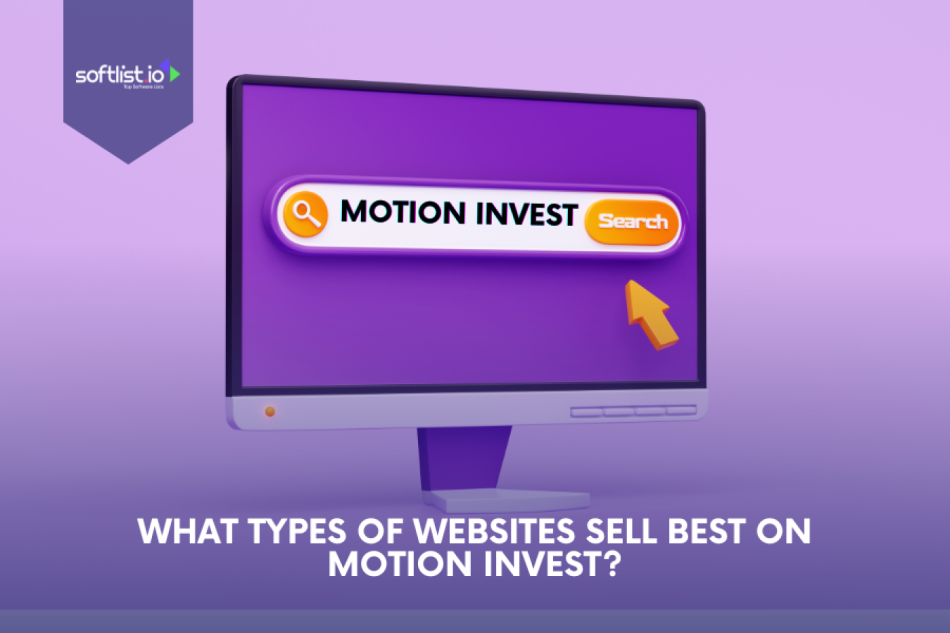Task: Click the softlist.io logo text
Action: (x=119, y=74)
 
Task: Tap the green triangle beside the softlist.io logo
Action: (x=174, y=73)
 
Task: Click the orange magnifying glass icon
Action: (x=306, y=214)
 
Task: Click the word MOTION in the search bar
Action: (x=402, y=212)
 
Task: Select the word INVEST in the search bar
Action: (x=526, y=215)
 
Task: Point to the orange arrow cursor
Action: (x=649, y=313)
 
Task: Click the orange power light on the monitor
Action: (x=269, y=411)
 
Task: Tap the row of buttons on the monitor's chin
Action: (x=633, y=411)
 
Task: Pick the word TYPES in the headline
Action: (x=297, y=531)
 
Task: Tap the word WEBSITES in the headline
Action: (x=495, y=531)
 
